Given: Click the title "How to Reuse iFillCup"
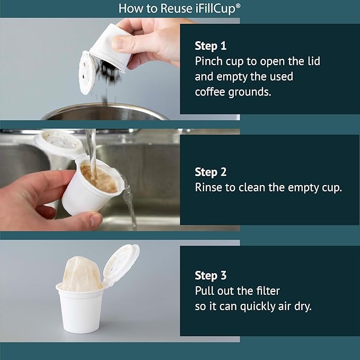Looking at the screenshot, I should [x=180, y=8].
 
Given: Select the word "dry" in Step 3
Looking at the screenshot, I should [x=301, y=306].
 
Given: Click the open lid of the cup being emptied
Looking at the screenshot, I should [x=87, y=72].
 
